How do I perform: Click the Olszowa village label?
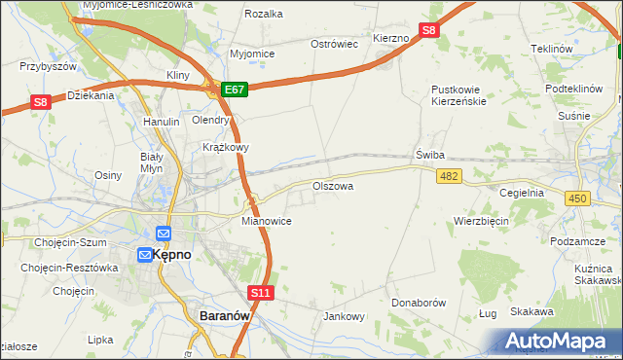(332, 185)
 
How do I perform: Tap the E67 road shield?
(235, 89)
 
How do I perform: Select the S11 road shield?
(260, 292)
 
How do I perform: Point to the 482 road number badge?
(449, 176)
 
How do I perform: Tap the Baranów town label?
(226, 316)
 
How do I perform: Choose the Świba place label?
(429, 156)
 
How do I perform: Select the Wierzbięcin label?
(481, 221)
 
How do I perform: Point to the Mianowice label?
(267, 221)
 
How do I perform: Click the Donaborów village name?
(419, 303)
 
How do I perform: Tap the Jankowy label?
(343, 316)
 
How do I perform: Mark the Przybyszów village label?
(48, 66)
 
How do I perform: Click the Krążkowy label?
(226, 148)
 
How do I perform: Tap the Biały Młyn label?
(151, 162)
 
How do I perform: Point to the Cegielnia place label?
(522, 193)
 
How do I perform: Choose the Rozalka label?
(264, 14)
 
